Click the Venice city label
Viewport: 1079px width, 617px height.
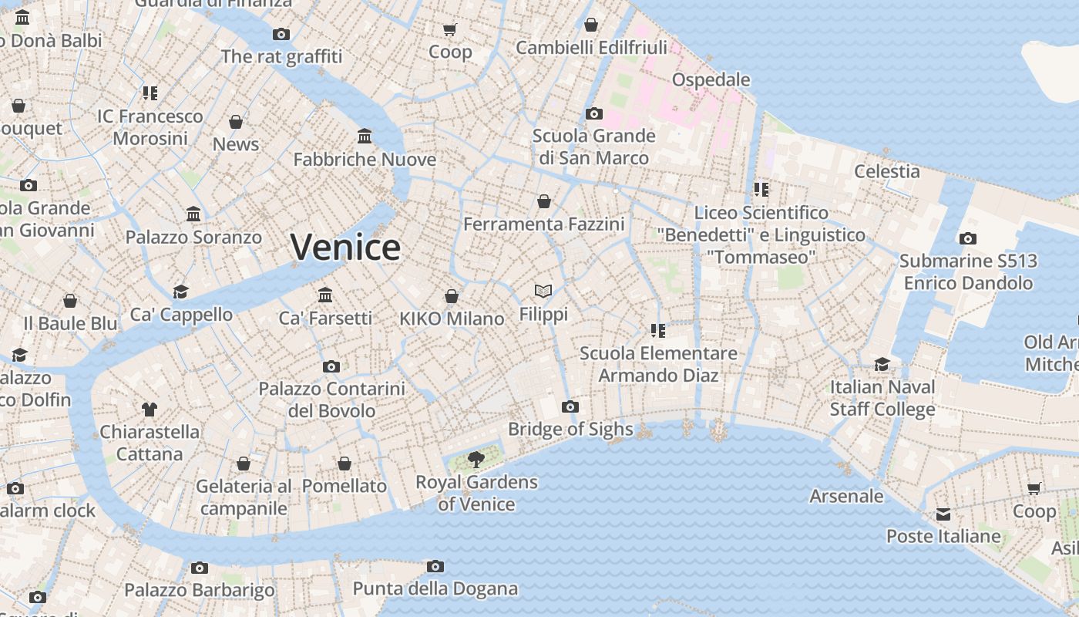click(345, 247)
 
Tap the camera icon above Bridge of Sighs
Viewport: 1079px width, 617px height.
click(570, 406)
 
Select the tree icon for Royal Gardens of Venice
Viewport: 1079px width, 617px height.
click(476, 460)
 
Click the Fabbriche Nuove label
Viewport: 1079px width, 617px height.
click(365, 160)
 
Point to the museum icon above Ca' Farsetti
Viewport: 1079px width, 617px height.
click(325, 295)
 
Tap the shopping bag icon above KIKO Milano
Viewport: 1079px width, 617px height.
click(452, 296)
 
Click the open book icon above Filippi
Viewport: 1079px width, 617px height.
click(543, 291)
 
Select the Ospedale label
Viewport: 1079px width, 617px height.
click(711, 79)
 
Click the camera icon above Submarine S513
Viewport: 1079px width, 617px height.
click(968, 238)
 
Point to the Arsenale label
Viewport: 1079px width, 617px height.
click(846, 496)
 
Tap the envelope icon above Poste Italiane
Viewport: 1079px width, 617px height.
click(943, 514)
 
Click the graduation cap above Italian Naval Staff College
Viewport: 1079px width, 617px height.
click(882, 364)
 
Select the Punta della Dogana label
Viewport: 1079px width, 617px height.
click(435, 588)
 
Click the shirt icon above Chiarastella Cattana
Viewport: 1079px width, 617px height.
click(150, 409)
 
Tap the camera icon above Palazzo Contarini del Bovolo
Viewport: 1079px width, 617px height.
click(331, 366)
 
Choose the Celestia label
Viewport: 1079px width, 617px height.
click(887, 171)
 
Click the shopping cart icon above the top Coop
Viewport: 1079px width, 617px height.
click(450, 29)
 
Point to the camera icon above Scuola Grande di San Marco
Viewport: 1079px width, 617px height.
click(593, 113)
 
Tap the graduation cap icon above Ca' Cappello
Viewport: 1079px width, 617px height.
click(181, 291)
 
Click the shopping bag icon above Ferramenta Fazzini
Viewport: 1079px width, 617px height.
click(544, 201)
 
